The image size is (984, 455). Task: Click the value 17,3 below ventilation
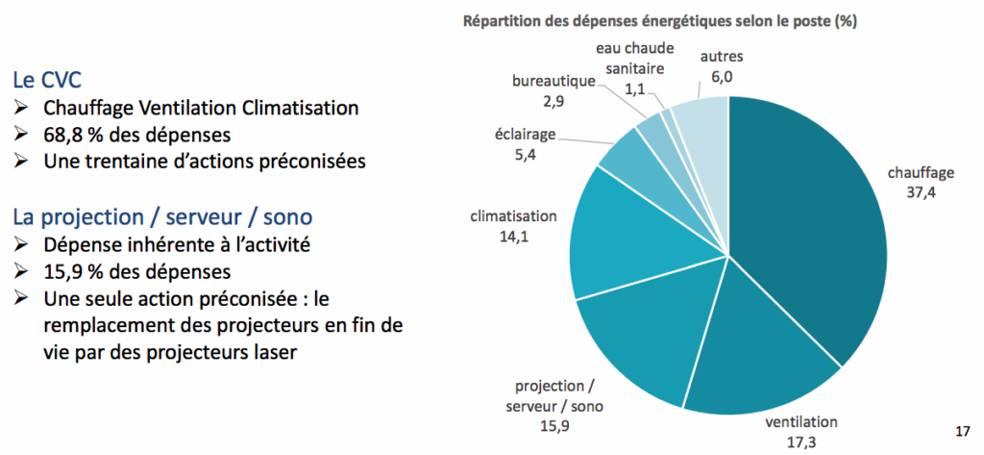point(800,441)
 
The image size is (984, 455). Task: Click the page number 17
point(962,429)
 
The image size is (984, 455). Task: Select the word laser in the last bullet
point(272,353)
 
